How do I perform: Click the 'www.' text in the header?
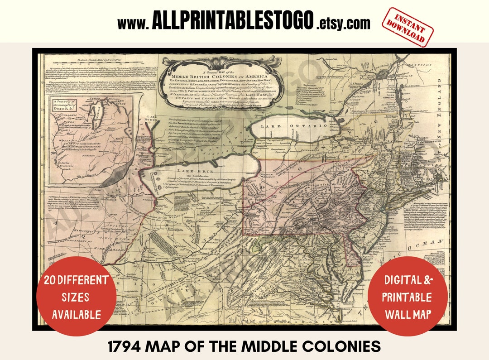[x=133, y=23]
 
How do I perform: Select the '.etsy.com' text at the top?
[x=343, y=23]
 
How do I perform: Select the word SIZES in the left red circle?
[x=77, y=297]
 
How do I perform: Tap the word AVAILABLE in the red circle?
[x=76, y=314]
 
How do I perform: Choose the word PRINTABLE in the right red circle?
[x=407, y=297]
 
